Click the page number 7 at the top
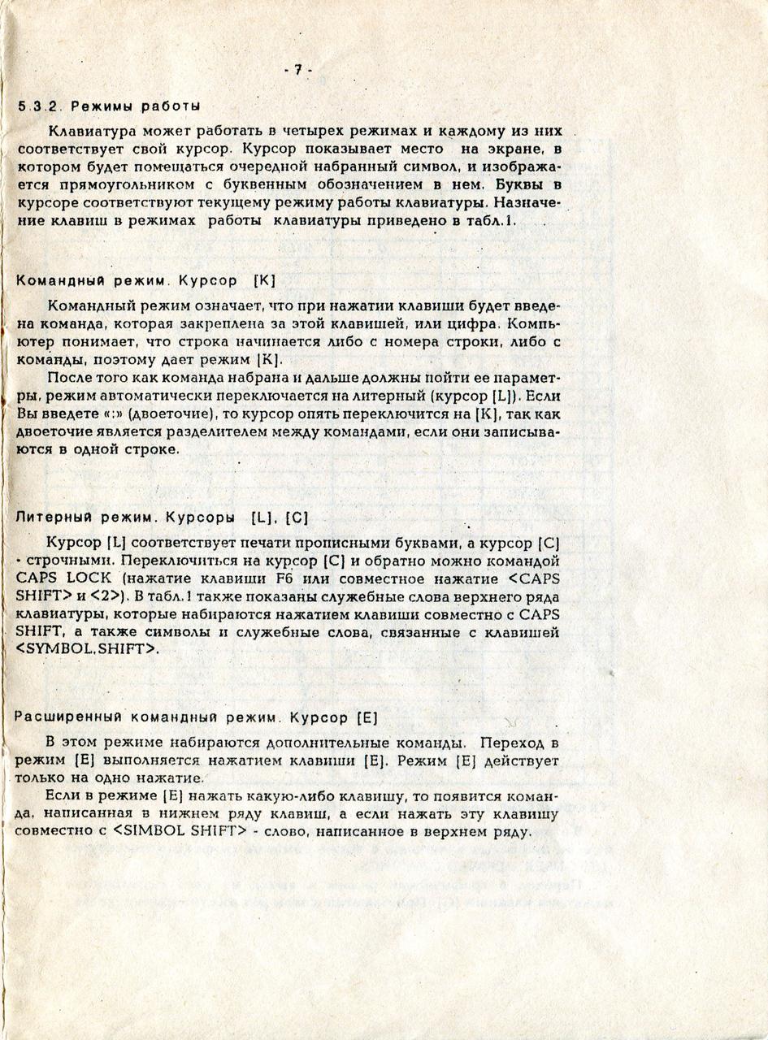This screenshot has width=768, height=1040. click(x=298, y=71)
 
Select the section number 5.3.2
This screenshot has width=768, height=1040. click(x=41, y=106)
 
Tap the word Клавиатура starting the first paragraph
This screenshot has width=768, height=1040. click(x=89, y=131)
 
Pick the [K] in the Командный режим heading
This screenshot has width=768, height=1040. click(x=265, y=281)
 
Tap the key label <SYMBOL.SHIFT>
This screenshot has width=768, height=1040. click(x=88, y=650)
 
